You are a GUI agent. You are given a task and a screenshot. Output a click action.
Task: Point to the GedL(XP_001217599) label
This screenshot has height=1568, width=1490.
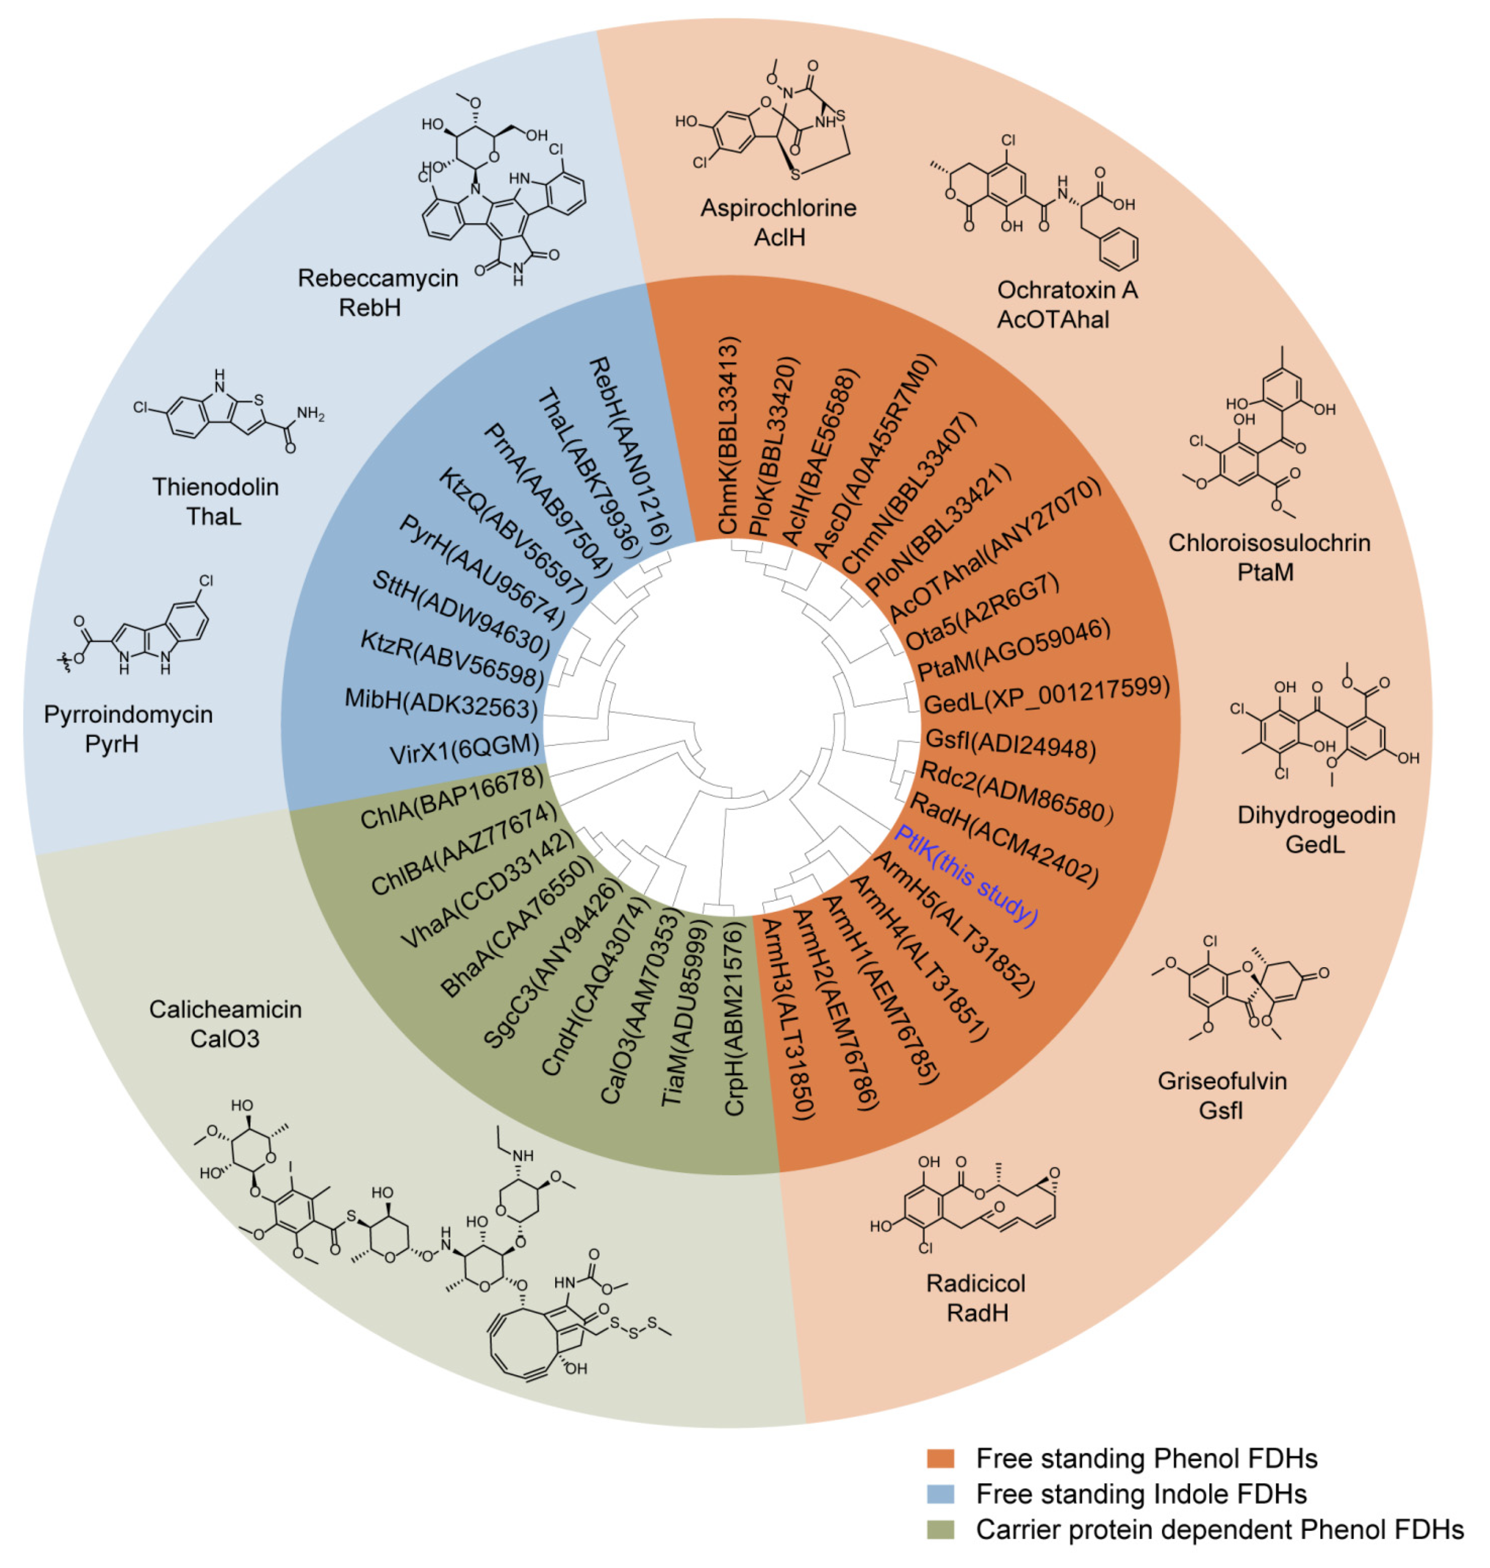[1047, 695]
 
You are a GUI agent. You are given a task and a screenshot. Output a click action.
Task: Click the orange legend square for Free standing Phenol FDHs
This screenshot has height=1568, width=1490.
[940, 1459]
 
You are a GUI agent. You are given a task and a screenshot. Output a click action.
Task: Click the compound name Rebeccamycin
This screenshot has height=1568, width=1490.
[377, 278]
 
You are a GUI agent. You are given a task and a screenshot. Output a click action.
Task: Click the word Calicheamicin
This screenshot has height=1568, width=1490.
[226, 1009]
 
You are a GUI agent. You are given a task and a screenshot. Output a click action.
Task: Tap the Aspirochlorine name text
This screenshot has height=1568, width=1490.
[778, 208]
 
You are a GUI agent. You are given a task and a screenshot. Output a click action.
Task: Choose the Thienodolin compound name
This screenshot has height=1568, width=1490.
[215, 486]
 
